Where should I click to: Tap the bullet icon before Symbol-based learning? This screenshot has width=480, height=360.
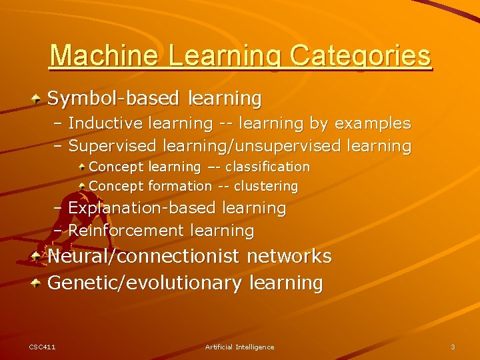(37, 99)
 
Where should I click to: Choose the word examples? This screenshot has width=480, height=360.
(373, 123)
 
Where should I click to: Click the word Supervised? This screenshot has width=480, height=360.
(111, 145)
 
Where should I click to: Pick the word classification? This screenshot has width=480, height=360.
(267, 167)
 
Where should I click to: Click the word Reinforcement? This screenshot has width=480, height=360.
(126, 231)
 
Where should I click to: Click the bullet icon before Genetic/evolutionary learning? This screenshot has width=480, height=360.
(37, 283)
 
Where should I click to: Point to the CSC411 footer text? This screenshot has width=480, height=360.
(42, 347)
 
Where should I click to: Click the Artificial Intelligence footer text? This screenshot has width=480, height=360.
(239, 347)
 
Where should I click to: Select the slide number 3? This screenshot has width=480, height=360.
(453, 347)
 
